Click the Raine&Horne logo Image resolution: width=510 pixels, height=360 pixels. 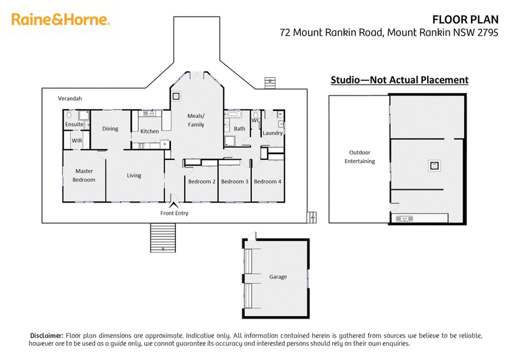click(61, 20)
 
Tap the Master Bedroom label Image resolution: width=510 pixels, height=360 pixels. click(85, 175)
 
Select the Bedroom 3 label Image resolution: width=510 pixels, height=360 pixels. click(235, 182)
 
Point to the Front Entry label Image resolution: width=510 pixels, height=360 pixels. click(174, 213)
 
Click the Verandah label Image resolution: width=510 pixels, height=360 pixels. click(70, 99)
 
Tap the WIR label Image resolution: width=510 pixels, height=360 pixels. click(76, 140)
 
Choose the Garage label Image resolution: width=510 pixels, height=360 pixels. click(278, 277)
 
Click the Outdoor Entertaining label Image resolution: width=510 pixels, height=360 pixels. click(360, 157)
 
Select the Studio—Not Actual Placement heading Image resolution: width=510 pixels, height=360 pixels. click(399, 80)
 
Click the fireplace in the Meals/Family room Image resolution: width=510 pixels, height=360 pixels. click(175, 97)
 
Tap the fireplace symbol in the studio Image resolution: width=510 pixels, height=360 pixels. click(433, 166)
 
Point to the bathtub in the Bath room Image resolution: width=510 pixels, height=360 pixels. click(231, 116)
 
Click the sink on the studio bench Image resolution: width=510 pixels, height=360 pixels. click(404, 219)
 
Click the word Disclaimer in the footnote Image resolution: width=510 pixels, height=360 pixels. click(47, 335)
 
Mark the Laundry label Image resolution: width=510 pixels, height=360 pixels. click(272, 133)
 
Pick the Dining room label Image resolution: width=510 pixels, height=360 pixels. click(110, 129)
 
